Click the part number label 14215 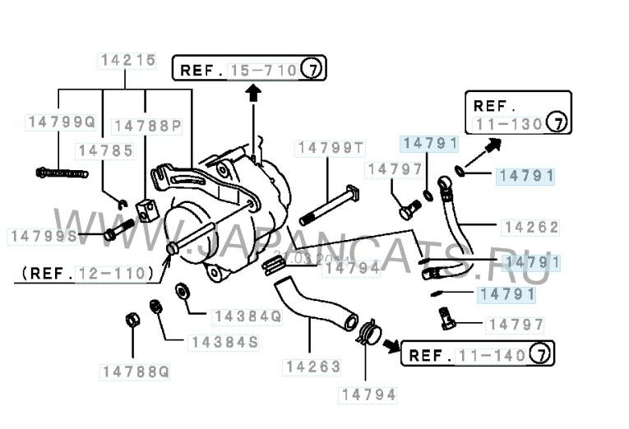tap(127, 60)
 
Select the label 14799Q tap(61, 122)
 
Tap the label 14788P tap(147, 126)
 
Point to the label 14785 tap(105, 150)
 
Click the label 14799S tap(43, 236)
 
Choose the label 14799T tap(331, 148)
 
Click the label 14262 tap(531, 226)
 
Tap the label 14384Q tap(247, 316)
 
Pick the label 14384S tap(224, 342)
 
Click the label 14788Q tap(136, 371)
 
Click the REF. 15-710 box tap(247, 69)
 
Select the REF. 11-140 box tap(477, 355)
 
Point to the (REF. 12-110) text tap(87, 272)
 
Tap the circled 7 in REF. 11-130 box tap(557, 124)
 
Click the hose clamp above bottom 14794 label tap(368, 334)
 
